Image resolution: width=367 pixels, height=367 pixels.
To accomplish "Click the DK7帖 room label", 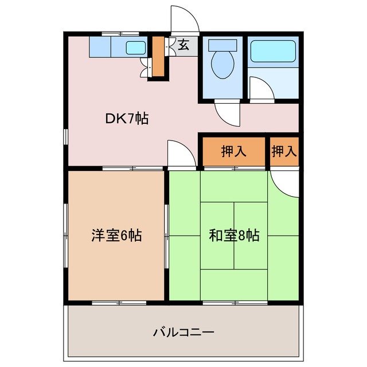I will tap(127, 119).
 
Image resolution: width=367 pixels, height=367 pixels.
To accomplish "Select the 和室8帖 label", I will tap(234, 235).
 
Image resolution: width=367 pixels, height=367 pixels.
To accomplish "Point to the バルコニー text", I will tap(183, 332).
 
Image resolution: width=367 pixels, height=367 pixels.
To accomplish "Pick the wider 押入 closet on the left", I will tap(233, 152).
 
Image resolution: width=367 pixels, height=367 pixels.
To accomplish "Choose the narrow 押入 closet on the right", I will tap(284, 152).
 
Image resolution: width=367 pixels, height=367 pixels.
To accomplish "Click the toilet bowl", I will tap(222, 66).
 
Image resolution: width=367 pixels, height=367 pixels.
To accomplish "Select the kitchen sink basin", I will tap(135, 48).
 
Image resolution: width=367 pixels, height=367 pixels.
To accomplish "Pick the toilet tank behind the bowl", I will tap(222, 45).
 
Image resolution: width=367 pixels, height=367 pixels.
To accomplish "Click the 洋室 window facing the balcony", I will tap(116, 302).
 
